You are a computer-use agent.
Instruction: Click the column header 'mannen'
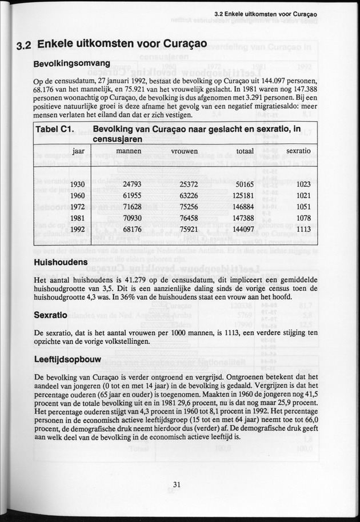[129, 151]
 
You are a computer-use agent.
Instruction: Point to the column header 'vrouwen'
[185, 151]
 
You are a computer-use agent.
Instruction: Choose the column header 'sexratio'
[298, 151]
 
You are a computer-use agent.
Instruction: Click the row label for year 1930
[78, 184]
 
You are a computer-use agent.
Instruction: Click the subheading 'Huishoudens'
[61, 262]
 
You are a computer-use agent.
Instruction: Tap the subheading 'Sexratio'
[51, 315]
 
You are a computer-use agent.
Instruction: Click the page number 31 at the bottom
[177, 485]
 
